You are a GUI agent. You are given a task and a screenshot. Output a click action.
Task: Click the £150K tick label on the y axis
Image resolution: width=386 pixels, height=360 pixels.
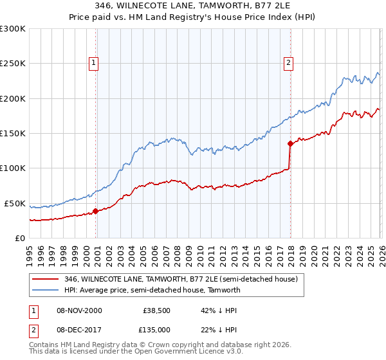tap(13, 134)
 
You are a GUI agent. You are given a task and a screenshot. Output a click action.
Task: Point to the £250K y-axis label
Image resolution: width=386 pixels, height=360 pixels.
tap(13, 64)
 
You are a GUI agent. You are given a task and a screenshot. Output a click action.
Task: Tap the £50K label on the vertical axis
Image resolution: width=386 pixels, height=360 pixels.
tap(15, 203)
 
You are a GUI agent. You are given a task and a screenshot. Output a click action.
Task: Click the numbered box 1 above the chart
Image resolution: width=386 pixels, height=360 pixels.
tap(94, 63)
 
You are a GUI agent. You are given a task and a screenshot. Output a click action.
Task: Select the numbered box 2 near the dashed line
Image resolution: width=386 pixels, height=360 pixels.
tap(288, 63)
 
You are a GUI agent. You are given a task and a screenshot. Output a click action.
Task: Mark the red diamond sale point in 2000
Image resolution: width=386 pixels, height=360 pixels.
tap(95, 211)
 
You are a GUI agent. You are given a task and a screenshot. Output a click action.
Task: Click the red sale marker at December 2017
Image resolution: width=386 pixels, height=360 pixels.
tap(290, 143)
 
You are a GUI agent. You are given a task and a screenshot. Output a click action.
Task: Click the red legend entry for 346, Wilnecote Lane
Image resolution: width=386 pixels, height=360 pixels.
tap(180, 280)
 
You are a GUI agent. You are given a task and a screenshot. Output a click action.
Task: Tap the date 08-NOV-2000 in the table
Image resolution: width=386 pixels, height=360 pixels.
tap(79, 310)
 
